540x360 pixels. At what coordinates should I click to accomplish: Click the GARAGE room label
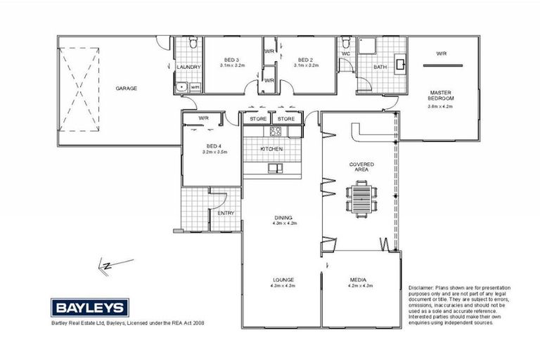pos(127,89)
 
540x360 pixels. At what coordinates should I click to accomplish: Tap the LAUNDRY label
pos(188,67)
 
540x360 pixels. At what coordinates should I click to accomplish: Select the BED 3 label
pos(232,59)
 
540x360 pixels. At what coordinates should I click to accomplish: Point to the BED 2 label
pos(306,59)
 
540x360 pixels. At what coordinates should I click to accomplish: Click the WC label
pos(346,53)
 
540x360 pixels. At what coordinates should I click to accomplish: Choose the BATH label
pos(380,67)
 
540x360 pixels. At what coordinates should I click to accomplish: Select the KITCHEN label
pos(271,150)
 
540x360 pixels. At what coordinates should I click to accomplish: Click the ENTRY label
pos(226,213)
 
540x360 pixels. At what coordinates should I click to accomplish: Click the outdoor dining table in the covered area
pos(361,196)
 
